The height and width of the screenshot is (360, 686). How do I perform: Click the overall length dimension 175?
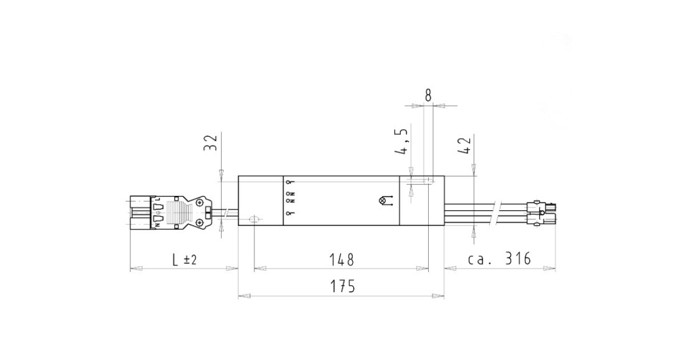[x=342, y=286]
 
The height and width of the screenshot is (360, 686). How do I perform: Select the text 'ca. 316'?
[x=500, y=259]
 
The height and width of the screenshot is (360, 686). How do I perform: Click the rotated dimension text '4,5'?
[x=402, y=142]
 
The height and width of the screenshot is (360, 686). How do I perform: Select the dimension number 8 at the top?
[x=428, y=95]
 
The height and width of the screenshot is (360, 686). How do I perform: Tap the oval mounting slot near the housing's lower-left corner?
[x=254, y=219]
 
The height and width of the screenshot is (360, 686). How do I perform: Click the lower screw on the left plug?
[x=199, y=222]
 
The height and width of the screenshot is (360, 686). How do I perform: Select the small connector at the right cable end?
[x=543, y=212]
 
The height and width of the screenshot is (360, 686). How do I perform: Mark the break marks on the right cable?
[x=498, y=211]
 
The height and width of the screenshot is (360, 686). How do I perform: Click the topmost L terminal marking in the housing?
[x=289, y=182]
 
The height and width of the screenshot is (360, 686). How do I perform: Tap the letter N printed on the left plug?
[x=156, y=225]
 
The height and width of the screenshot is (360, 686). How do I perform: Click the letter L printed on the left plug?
[x=157, y=199]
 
